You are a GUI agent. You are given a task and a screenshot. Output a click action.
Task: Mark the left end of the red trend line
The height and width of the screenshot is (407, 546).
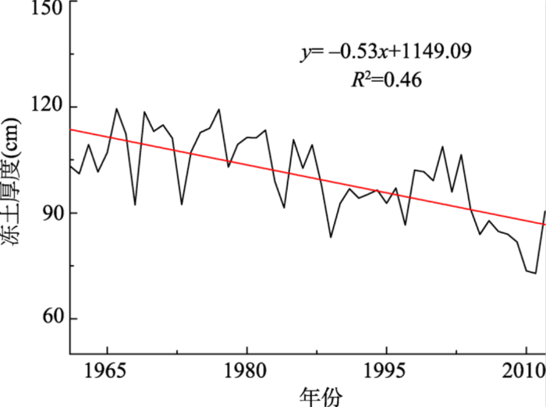click(x=70, y=129)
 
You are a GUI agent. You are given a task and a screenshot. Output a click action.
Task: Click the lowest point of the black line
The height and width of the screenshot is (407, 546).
click(x=535, y=273)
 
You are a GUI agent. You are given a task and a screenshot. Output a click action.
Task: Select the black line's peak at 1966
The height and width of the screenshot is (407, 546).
click(x=116, y=109)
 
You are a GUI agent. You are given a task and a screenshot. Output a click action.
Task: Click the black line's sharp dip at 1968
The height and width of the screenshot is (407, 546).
click(x=135, y=204)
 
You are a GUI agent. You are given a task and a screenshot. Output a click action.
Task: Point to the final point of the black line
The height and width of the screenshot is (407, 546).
click(x=544, y=211)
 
